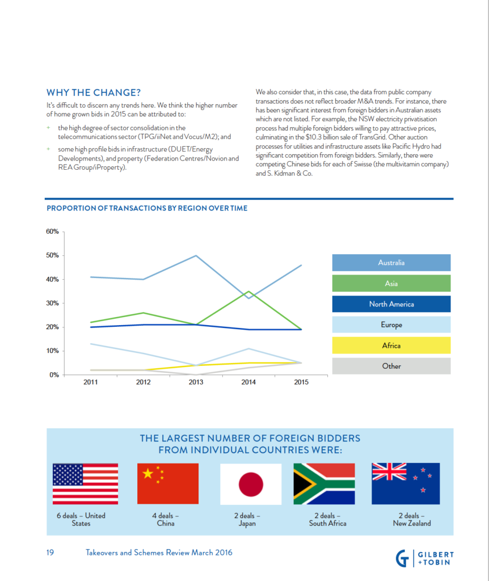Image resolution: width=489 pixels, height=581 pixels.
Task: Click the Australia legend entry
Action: (391, 263)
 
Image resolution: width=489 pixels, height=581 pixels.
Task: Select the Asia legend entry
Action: (391, 284)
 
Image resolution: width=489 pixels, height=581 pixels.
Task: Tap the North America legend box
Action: (391, 304)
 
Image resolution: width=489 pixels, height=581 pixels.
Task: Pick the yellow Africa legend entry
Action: (391, 346)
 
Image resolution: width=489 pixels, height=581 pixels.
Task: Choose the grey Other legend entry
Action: (391, 366)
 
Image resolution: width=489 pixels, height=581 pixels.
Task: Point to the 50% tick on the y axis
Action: (53, 255)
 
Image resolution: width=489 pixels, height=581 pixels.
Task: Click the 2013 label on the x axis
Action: (196, 382)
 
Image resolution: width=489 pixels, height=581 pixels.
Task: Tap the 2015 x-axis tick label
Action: (301, 382)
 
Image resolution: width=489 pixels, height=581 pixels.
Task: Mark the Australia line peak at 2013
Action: (196, 256)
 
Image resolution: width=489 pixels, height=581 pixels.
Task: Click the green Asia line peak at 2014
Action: (248, 292)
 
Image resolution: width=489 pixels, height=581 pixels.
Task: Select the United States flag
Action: (85, 484)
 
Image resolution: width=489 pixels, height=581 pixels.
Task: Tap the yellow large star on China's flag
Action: (148, 473)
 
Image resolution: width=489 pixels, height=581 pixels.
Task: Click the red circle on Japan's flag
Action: (251, 485)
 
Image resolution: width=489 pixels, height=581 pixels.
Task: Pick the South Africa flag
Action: (324, 484)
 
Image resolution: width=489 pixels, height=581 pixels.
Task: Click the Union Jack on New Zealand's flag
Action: (389, 471)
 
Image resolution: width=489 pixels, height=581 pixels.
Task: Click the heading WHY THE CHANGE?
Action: (94, 92)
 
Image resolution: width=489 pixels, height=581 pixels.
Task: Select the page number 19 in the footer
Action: (50, 553)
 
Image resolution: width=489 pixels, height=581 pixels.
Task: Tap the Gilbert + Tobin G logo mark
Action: (402, 558)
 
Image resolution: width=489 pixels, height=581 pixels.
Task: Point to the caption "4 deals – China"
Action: (166, 520)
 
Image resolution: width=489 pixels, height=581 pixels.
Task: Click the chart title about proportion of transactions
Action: (147, 208)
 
